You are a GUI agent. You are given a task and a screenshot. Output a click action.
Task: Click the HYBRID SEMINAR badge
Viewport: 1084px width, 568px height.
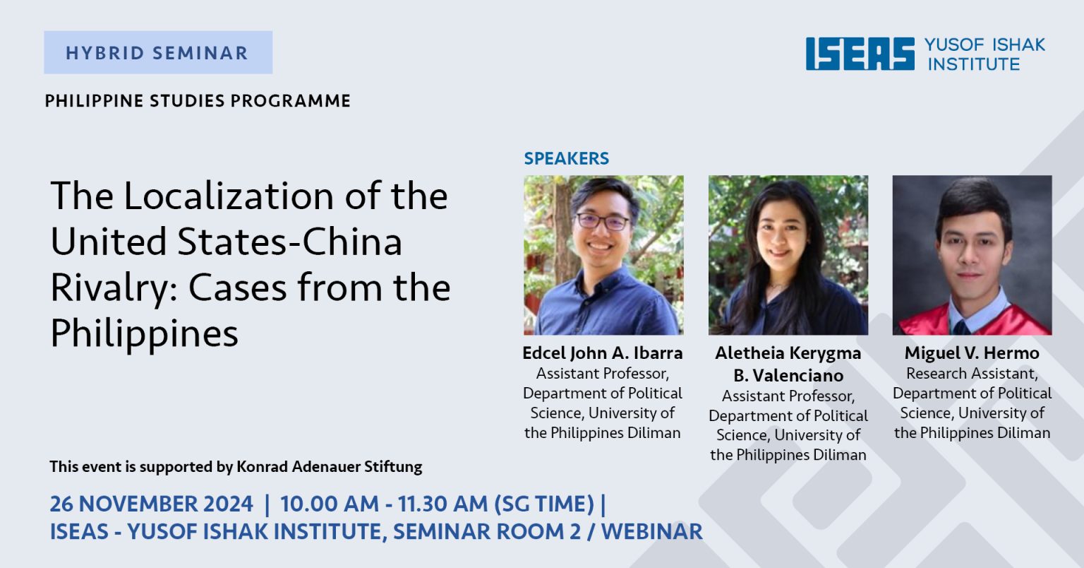tap(158, 52)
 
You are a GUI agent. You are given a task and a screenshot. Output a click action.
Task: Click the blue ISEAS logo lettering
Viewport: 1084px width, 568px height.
tap(860, 54)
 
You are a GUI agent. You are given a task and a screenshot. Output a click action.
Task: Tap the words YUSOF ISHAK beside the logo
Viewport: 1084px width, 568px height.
tap(984, 45)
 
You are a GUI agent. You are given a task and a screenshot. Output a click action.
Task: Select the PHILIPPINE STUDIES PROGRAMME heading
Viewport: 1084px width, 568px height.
tap(198, 101)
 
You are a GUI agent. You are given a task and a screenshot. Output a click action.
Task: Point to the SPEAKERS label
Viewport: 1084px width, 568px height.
tap(566, 158)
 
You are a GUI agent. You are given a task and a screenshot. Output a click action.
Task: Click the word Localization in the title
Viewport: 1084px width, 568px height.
tap(229, 196)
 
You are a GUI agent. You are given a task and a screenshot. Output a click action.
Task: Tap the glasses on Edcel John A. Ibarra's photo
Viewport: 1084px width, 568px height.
tap(602, 222)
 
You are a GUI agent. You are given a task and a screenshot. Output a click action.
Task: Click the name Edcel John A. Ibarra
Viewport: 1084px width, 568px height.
tap(603, 353)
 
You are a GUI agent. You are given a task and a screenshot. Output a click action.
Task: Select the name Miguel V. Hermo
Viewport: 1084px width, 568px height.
tap(972, 353)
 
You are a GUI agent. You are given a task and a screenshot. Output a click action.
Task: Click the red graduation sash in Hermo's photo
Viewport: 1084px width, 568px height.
tap(972, 320)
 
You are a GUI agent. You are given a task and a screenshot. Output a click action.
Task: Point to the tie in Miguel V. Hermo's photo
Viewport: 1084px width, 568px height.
tap(962, 328)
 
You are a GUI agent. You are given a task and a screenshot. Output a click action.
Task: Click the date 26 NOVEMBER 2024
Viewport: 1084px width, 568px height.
tap(152, 504)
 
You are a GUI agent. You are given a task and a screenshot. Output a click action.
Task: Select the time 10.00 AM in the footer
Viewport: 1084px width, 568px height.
tap(330, 504)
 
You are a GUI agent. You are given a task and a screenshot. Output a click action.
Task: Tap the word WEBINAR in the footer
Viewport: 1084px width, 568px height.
tap(652, 532)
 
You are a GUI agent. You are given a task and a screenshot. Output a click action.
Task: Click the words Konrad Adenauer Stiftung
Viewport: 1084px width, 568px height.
tap(329, 467)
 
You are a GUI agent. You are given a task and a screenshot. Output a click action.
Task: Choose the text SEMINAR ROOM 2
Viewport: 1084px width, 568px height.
tap(487, 532)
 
